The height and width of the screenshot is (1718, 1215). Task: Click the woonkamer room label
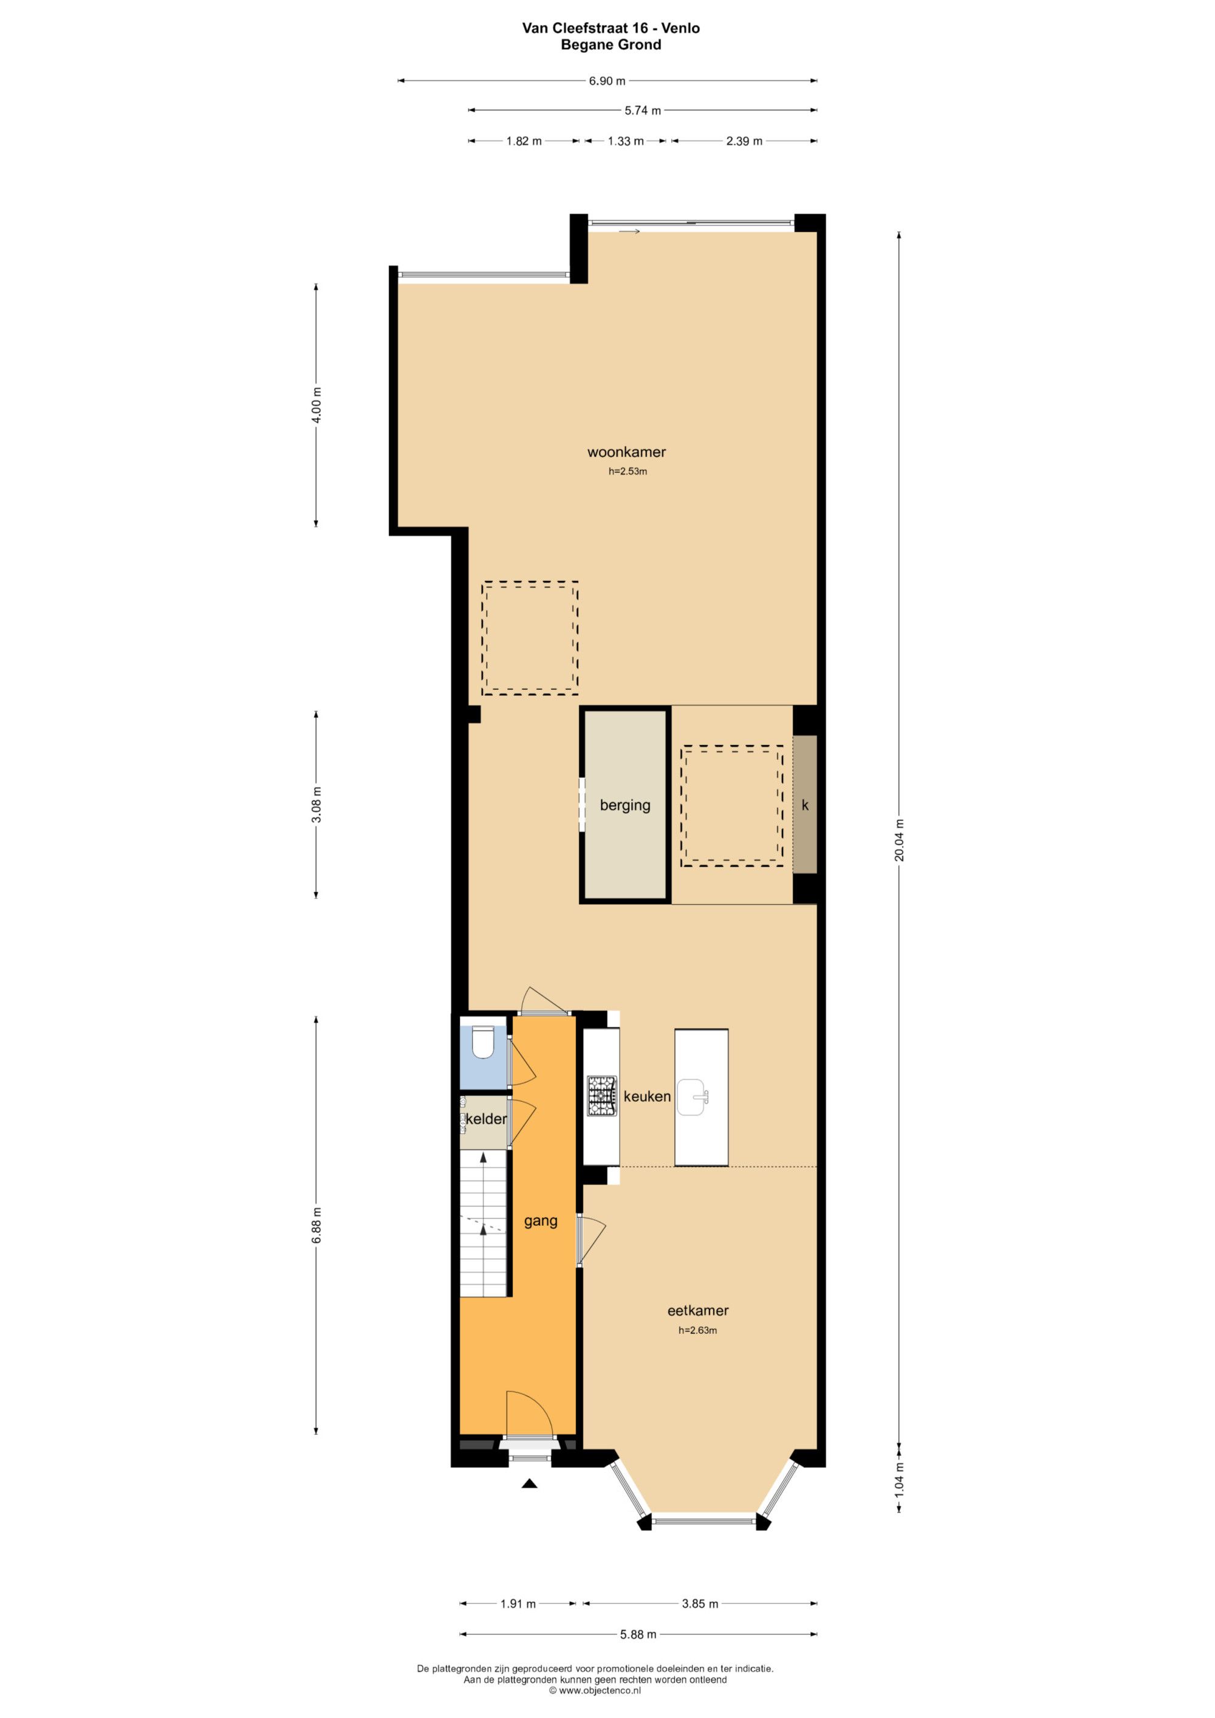pyautogui.click(x=626, y=452)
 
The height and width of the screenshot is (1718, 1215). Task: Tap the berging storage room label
pyautogui.click(x=625, y=805)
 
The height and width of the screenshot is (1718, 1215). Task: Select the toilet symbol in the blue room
pyautogui.click(x=484, y=1042)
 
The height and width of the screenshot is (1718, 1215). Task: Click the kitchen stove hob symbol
pyautogui.click(x=601, y=1096)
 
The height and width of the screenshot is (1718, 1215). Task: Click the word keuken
pyautogui.click(x=647, y=1096)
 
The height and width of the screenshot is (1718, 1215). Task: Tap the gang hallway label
pyautogui.click(x=540, y=1221)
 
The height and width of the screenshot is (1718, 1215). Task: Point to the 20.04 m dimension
pyautogui.click(x=899, y=839)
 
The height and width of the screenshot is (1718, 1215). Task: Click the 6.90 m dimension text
pyautogui.click(x=607, y=81)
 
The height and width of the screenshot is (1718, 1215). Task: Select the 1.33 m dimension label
pyautogui.click(x=626, y=140)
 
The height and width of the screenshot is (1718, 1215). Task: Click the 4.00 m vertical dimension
pyautogui.click(x=316, y=405)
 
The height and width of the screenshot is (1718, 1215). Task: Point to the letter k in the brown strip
pyautogui.click(x=805, y=805)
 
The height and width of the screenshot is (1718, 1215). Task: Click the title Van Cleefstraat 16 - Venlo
pyautogui.click(x=611, y=29)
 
